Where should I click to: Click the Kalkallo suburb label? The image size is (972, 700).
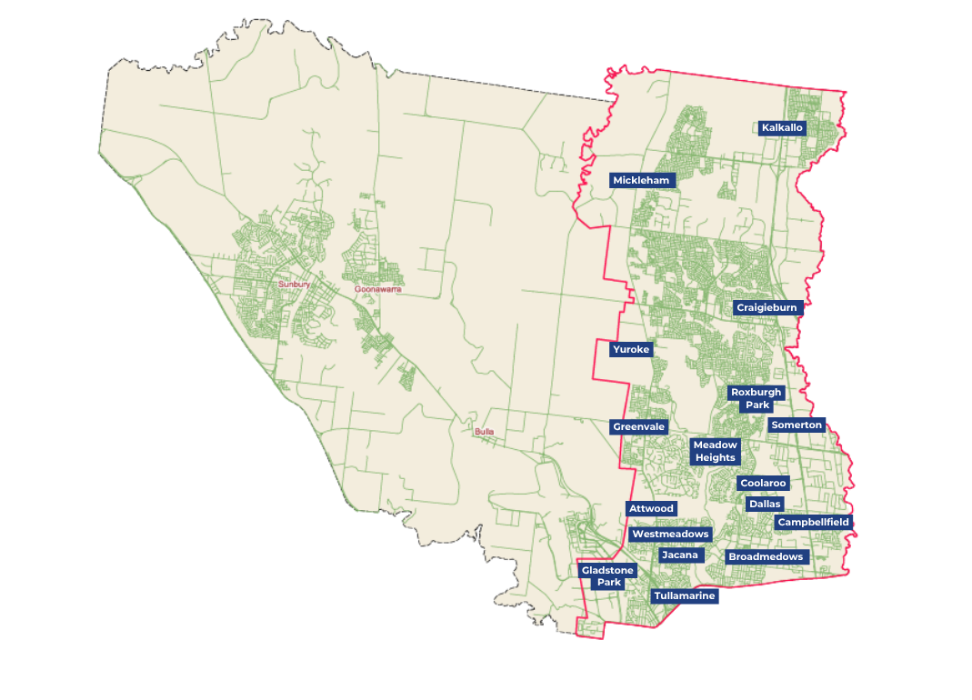(782, 128)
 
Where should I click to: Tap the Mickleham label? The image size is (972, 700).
(641, 181)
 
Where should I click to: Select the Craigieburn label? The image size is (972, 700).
(767, 308)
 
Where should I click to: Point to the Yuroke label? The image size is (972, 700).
(631, 349)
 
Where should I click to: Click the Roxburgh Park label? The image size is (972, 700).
(756, 398)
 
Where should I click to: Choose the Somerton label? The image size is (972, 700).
(797, 425)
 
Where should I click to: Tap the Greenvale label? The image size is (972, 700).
(639, 427)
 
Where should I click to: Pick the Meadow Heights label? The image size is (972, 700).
(716, 451)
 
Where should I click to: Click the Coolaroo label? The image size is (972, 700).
(763, 484)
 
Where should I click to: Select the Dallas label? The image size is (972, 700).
(764, 504)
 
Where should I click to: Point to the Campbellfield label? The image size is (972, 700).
(813, 523)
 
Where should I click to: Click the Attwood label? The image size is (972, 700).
(651, 508)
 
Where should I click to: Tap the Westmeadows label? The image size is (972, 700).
(670, 535)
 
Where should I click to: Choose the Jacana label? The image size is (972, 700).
(680, 555)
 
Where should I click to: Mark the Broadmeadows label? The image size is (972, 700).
(766, 556)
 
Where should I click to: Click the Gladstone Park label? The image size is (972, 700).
(608, 576)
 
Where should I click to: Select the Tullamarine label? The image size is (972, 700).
(685, 596)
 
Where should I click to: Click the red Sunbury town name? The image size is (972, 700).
(295, 285)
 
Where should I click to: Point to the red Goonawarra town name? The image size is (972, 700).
(377, 289)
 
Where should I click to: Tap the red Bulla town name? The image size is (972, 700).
(484, 432)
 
